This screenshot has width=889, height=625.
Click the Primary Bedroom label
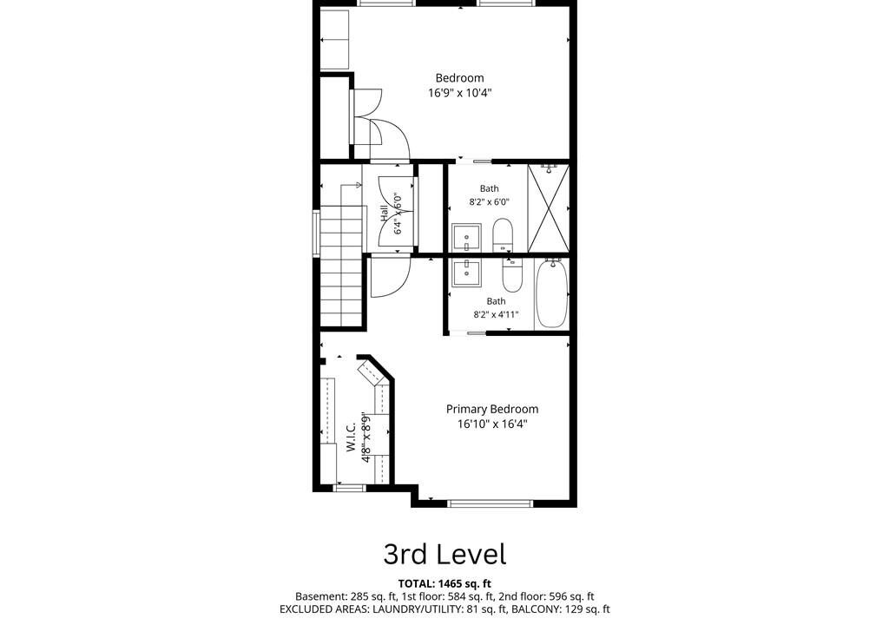click(492, 409)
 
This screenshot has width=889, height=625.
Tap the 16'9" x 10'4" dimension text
click(460, 92)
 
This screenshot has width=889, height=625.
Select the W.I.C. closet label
click(351, 437)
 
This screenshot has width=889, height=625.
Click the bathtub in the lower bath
click(551, 293)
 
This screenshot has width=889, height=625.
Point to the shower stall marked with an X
click(549, 208)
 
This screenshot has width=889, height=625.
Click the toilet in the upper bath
click(503, 234)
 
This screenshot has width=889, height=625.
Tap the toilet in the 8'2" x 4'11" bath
click(511, 274)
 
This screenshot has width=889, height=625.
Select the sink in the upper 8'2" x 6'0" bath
click(466, 237)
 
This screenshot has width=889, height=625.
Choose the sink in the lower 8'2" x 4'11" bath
click(466, 273)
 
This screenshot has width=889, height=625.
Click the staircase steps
click(341, 266)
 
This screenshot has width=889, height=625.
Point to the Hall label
click(385, 214)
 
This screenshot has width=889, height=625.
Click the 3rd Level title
click(444, 554)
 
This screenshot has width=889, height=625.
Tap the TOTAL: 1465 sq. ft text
click(444, 583)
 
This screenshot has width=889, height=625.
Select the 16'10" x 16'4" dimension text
click(492, 424)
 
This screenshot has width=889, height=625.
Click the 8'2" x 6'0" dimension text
click(490, 201)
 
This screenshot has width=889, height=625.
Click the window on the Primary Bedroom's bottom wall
click(491, 503)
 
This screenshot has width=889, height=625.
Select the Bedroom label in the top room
click(460, 78)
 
